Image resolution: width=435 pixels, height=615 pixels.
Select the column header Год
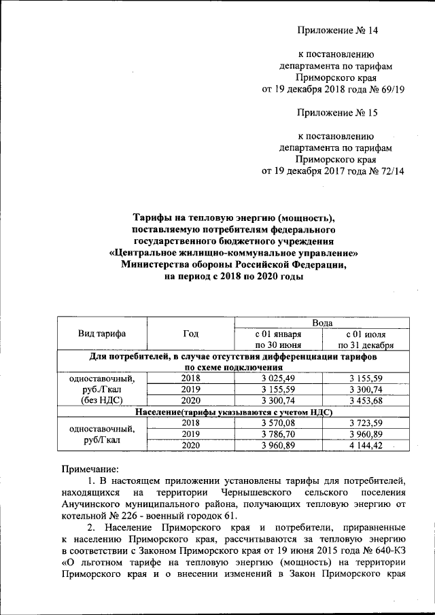[191, 333]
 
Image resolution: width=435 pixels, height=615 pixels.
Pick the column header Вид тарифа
[102, 333]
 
